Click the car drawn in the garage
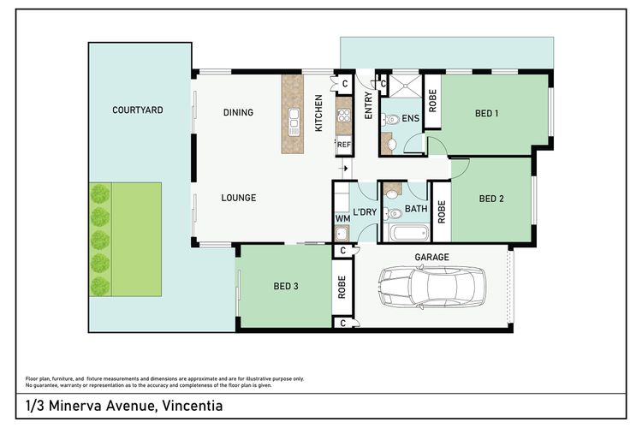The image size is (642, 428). coord(431,287)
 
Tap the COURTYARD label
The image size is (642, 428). coord(138,110)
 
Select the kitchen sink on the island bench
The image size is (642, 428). coord(293,122)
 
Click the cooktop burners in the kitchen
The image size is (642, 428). coord(344,116)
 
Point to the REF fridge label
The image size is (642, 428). coord(344,145)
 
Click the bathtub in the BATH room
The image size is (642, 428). coord(409,234)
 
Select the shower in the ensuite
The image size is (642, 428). coord(405,86)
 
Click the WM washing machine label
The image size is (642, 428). coord(342,219)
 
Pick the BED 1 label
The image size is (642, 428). coord(486,113)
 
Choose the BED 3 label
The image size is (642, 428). coord(286,286)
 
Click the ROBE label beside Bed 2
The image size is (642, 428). coord(442,211)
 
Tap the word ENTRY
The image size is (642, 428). coord(368,105)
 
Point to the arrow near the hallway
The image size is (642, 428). coord(344,168)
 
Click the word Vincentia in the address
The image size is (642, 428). coord(193,406)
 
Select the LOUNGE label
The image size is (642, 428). coord(239,198)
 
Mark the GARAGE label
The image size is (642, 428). coord(432,257)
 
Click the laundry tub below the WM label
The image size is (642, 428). coord(342,233)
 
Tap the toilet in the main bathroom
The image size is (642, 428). coord(394,213)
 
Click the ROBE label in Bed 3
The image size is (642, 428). coord(342,287)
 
